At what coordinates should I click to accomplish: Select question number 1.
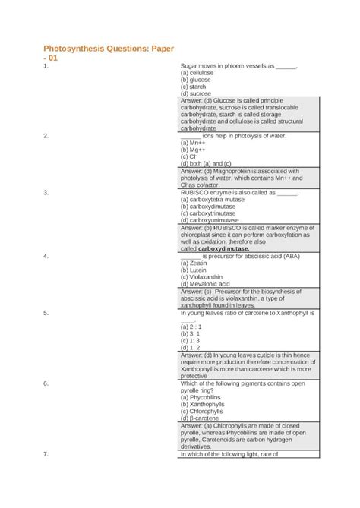[46, 66]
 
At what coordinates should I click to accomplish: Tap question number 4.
[46, 256]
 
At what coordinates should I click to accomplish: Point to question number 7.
[46, 454]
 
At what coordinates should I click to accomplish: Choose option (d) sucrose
[196, 93]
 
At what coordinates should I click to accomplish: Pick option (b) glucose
[195, 80]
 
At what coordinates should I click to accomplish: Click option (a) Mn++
[194, 142]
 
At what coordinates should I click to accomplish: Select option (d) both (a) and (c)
[207, 162]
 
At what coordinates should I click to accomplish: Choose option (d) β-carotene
[200, 418]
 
